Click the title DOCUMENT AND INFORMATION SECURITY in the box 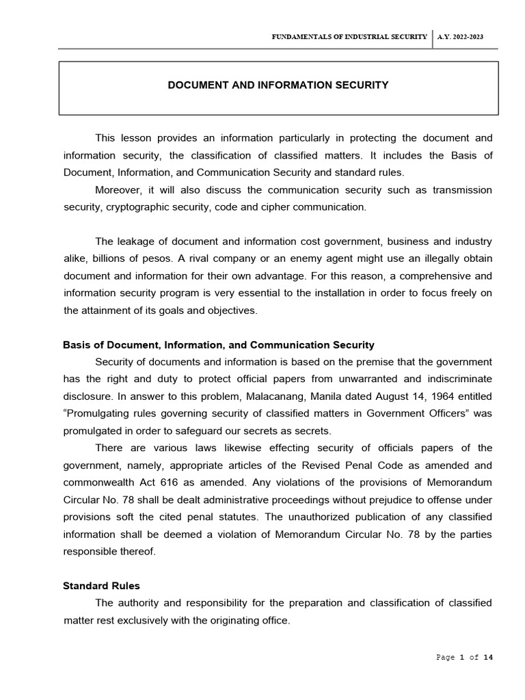click(x=278, y=85)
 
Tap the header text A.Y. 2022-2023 click(x=460, y=37)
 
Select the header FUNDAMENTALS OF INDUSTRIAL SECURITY click(x=349, y=37)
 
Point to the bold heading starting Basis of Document click(x=219, y=345)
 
